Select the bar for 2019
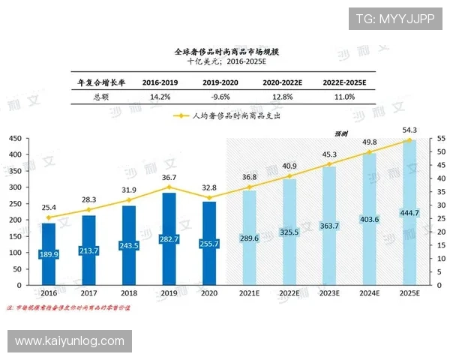coord(169,240)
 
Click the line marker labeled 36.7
coord(169,187)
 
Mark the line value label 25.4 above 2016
coord(48,206)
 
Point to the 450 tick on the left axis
coord(15,139)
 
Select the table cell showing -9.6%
coord(220,97)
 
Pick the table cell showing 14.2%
coord(160,97)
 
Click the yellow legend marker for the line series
coord(181,116)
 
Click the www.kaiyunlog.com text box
coord(69,341)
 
